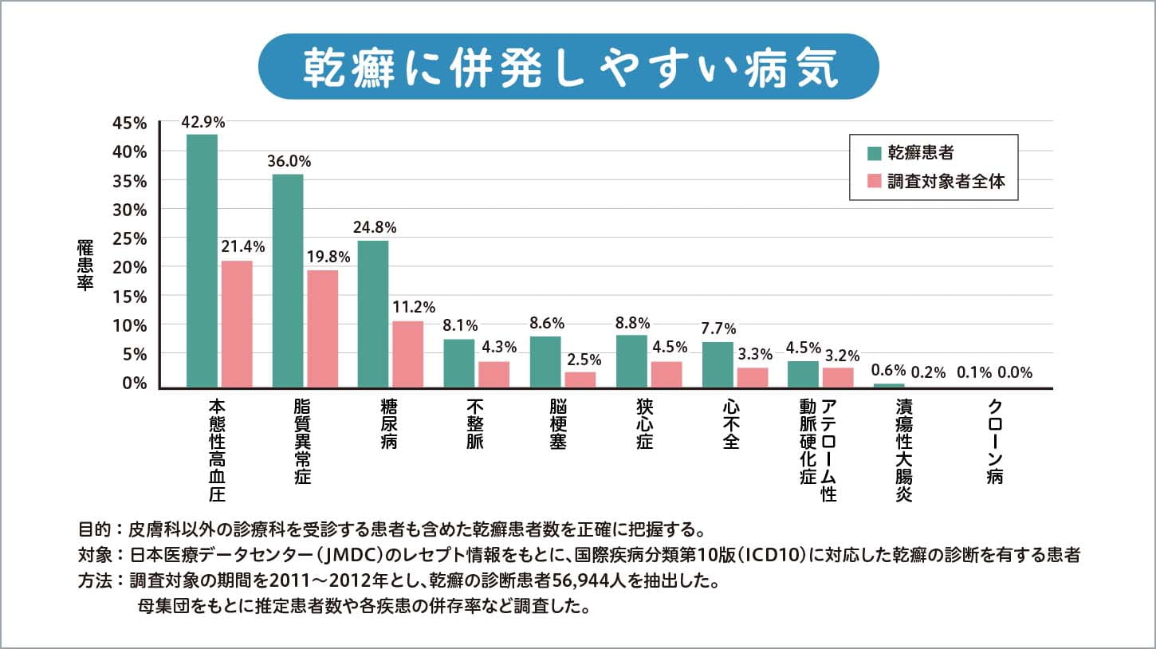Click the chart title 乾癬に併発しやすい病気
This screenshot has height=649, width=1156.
click(569, 67)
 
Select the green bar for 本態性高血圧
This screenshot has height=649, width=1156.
click(202, 261)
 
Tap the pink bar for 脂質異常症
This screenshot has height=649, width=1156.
click(322, 328)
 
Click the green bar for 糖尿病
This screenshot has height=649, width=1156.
click(373, 313)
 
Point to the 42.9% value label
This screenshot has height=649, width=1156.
click(202, 122)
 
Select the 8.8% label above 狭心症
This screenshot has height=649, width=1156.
click(633, 323)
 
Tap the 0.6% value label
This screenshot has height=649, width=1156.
click(888, 371)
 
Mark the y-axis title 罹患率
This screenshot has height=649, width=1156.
click(85, 263)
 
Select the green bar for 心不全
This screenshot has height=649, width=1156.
click(718, 364)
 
